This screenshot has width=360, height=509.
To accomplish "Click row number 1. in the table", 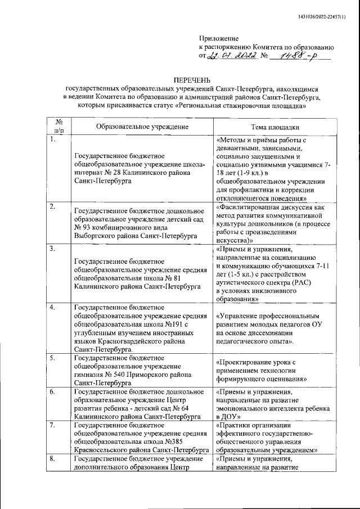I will (x=52, y=140).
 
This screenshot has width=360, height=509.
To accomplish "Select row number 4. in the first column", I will (x=52, y=308).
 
